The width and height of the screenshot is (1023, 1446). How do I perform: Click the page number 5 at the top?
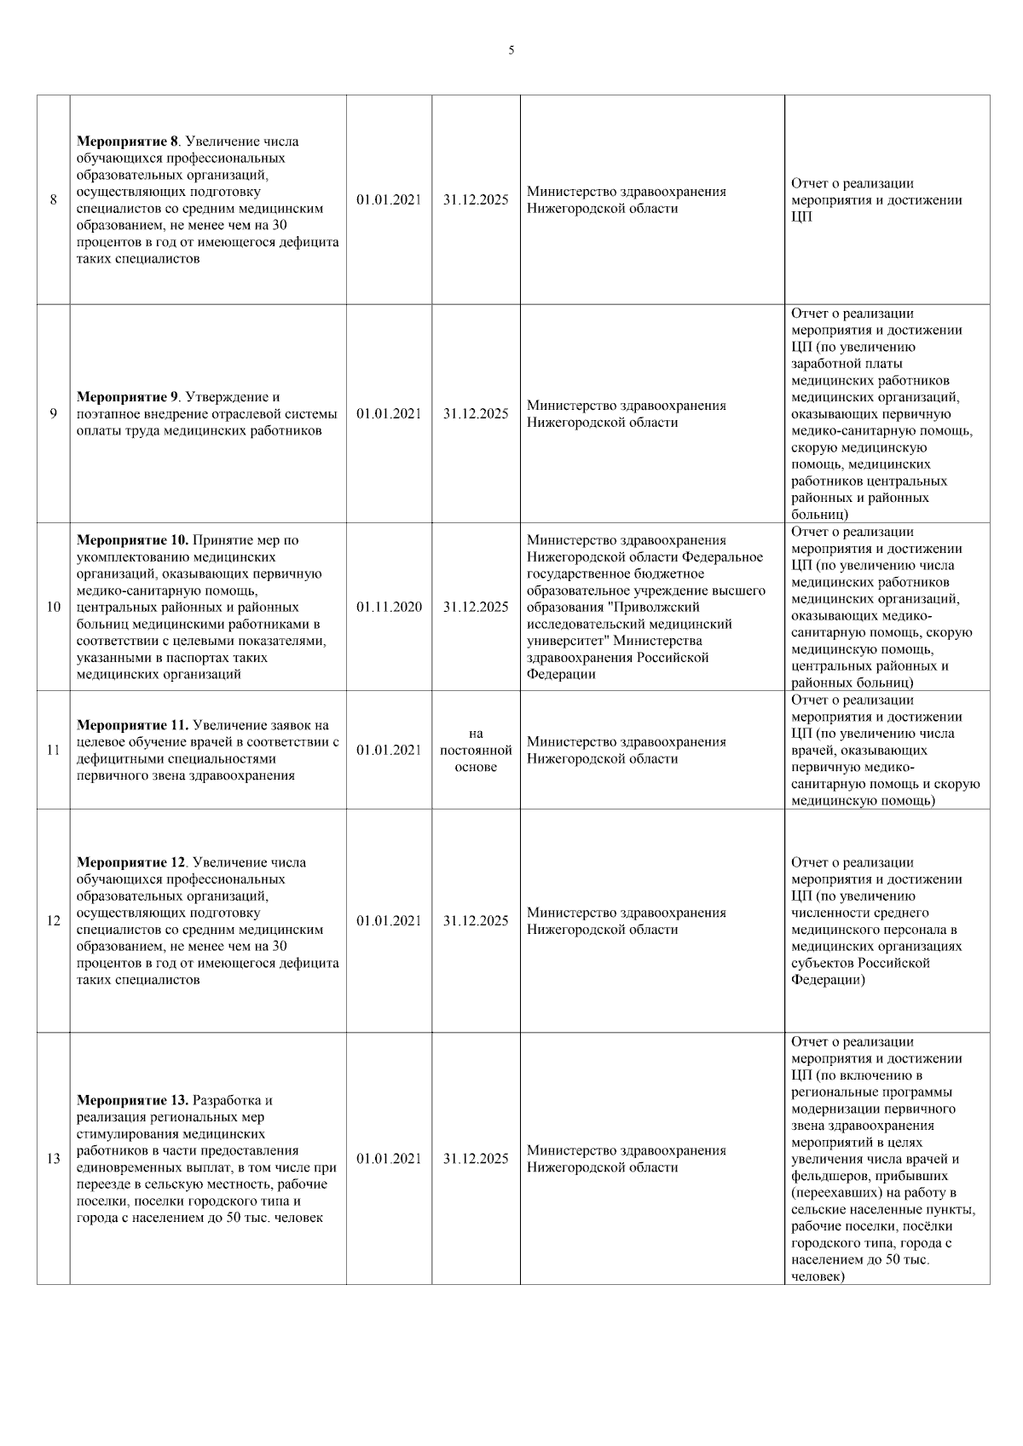click(511, 50)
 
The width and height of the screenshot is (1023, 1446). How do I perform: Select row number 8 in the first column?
click(53, 200)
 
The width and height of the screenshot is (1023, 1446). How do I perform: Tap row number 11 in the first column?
click(53, 751)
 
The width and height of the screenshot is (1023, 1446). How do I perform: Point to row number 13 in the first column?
click(53, 1159)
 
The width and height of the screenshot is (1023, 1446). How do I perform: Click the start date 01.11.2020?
click(389, 608)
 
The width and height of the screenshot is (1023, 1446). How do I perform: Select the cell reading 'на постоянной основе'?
click(476, 751)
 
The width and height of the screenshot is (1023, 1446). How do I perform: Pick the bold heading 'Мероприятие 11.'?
click(133, 725)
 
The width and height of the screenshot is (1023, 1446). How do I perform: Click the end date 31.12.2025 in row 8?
click(476, 200)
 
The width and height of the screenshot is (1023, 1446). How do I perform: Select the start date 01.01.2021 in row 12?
click(389, 921)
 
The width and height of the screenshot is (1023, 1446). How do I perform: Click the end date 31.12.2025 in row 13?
click(476, 1159)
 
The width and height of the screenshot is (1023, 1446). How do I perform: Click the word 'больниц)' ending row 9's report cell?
click(818, 515)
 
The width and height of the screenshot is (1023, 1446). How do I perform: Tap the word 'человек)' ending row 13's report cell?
click(818, 1276)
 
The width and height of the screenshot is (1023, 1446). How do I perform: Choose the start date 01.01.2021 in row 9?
click(389, 414)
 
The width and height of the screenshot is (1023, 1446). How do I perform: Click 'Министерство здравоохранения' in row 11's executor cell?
click(627, 742)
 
